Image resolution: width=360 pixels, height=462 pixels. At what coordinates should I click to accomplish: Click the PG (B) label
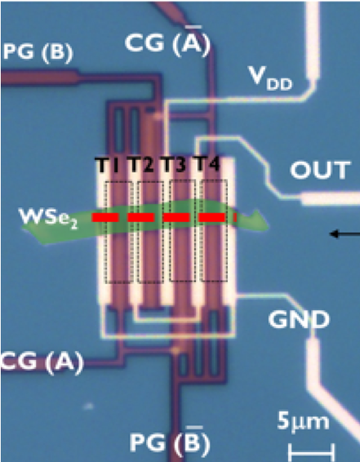38,52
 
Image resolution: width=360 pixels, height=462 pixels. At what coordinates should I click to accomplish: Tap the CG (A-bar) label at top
167,42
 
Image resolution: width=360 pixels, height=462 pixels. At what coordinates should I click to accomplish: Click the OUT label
320,170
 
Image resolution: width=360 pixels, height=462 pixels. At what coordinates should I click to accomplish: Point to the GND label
299,319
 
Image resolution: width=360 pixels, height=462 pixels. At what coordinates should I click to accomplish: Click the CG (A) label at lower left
42,362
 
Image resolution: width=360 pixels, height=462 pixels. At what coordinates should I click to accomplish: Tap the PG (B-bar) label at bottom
170,441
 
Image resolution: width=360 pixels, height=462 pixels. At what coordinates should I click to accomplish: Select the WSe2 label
49,218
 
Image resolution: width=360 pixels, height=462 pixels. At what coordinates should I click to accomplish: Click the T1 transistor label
107,165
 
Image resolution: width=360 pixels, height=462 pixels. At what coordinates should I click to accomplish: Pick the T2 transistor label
140,165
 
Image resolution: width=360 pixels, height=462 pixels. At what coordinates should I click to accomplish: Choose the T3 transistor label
173,165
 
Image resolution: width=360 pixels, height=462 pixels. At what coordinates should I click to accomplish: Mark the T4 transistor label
207,164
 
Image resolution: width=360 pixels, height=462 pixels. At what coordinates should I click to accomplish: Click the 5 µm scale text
303,422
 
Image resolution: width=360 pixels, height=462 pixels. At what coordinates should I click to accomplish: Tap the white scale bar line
311,451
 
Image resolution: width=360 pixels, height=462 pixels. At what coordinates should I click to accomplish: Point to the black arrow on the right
344,234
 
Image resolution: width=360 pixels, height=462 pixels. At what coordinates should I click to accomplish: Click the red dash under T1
105,218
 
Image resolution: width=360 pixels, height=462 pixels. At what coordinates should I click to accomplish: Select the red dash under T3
176,218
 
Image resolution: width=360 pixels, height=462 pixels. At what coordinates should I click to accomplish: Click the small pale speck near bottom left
88,406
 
